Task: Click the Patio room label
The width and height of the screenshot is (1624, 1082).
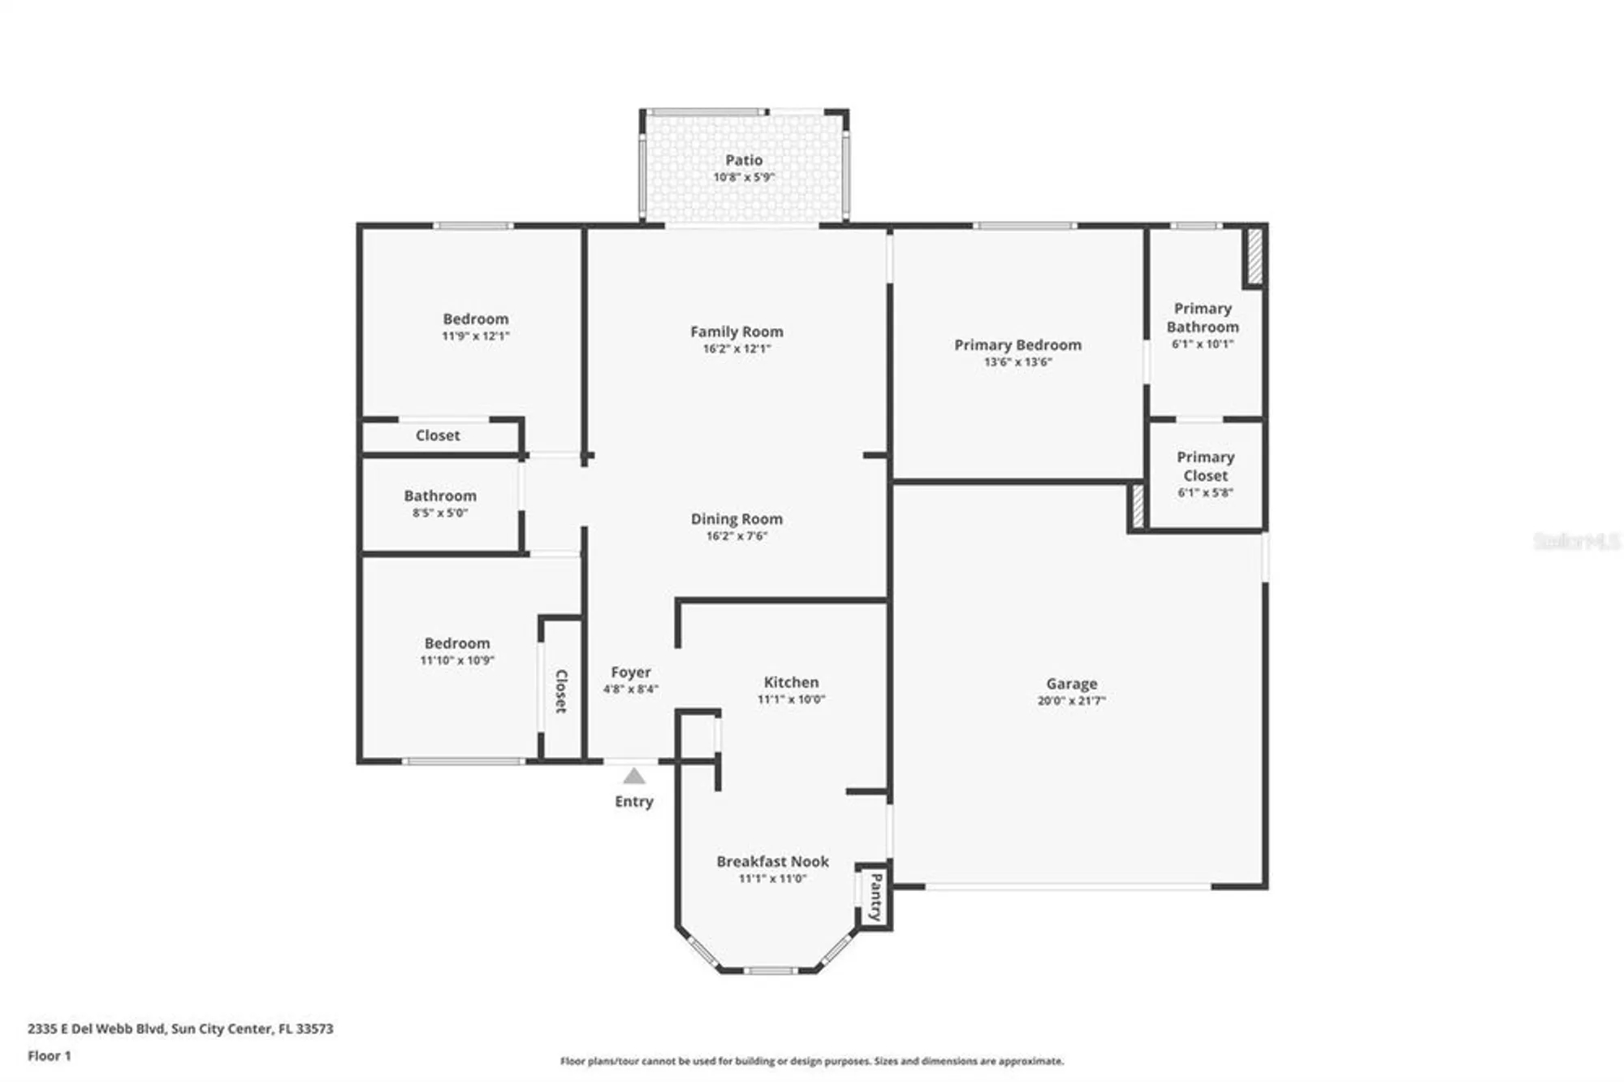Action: click(x=743, y=160)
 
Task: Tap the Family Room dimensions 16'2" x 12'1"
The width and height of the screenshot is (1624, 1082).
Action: click(x=736, y=348)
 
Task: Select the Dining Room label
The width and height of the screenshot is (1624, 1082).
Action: click(x=736, y=518)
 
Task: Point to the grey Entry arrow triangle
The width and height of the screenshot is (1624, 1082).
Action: click(x=634, y=777)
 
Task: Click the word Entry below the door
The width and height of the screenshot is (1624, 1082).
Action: click(x=633, y=802)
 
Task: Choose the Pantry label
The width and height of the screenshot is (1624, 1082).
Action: click(x=875, y=897)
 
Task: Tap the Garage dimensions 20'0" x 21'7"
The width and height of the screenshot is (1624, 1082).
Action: click(x=1071, y=701)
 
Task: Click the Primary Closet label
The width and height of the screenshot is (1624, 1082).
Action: click(x=1205, y=466)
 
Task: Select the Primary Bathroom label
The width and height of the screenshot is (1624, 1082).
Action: click(x=1203, y=318)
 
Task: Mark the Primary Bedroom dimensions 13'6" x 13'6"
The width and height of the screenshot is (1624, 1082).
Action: click(x=1017, y=362)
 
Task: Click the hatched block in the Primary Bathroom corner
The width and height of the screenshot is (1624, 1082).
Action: click(x=1254, y=257)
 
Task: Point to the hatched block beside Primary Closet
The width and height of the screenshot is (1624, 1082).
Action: click(x=1138, y=506)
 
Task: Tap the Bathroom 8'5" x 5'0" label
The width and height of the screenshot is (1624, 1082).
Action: click(x=440, y=496)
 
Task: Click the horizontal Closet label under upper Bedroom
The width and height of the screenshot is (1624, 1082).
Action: click(x=438, y=435)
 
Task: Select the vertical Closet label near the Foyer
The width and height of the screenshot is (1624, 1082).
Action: click(x=560, y=691)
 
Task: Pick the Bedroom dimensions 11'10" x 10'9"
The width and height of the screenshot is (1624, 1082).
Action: click(x=457, y=660)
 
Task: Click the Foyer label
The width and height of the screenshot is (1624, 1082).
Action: click(x=630, y=672)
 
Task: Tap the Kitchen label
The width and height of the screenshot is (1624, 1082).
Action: click(x=791, y=682)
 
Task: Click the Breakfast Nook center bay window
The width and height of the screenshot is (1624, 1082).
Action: click(x=771, y=970)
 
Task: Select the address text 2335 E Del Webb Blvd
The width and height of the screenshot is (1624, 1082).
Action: click(x=97, y=1028)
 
